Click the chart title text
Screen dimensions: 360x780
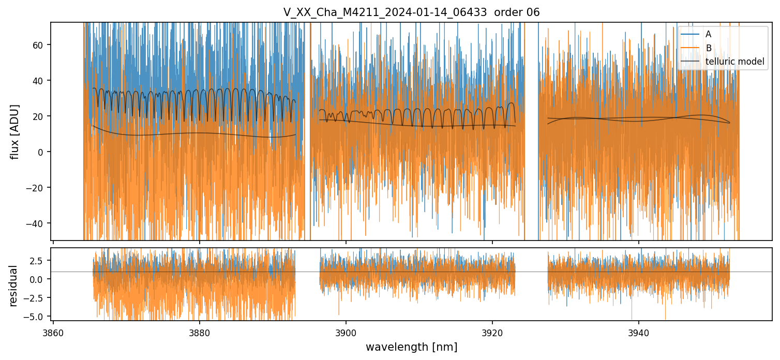tap(411, 12)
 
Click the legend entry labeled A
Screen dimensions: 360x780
tap(708, 34)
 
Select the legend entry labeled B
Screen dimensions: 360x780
tap(708, 48)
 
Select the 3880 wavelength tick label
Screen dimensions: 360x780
tap(200, 333)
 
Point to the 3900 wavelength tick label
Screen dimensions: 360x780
tap(346, 333)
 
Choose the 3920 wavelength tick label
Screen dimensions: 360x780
tap(492, 333)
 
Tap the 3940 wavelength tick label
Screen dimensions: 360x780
tap(638, 333)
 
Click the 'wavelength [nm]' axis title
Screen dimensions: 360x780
tap(411, 347)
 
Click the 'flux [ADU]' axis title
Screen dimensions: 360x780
tap(15, 131)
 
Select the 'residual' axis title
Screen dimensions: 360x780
tap(13, 286)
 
